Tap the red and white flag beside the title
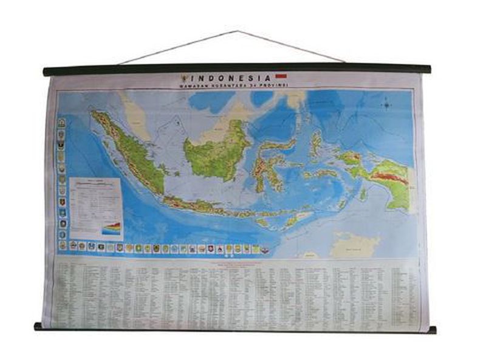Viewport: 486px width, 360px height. (281, 77)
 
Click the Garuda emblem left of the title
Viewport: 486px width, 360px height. (183, 78)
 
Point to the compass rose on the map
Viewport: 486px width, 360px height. (386, 104)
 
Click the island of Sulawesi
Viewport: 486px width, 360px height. (267, 161)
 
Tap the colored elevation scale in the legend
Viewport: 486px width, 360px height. (112, 228)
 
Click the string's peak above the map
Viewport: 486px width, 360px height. (237, 31)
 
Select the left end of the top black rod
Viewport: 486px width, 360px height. (46, 72)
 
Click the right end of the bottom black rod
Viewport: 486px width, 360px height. (432, 330)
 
